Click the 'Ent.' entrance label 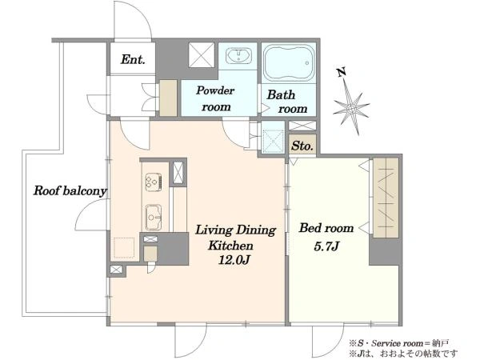[133, 59]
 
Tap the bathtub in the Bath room [290, 63]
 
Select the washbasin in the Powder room [238, 56]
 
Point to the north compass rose [351, 107]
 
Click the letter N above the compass [341, 72]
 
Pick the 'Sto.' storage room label [302, 146]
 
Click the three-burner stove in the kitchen [154, 182]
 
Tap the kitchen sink [154, 217]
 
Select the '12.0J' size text [234, 260]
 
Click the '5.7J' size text [326, 246]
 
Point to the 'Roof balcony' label [70, 190]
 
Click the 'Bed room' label [326, 228]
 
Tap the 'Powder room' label [216, 98]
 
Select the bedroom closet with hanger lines [386, 198]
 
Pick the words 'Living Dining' [236, 230]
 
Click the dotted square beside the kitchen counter [124, 248]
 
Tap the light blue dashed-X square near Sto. [274, 141]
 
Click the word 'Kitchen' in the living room [231, 246]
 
